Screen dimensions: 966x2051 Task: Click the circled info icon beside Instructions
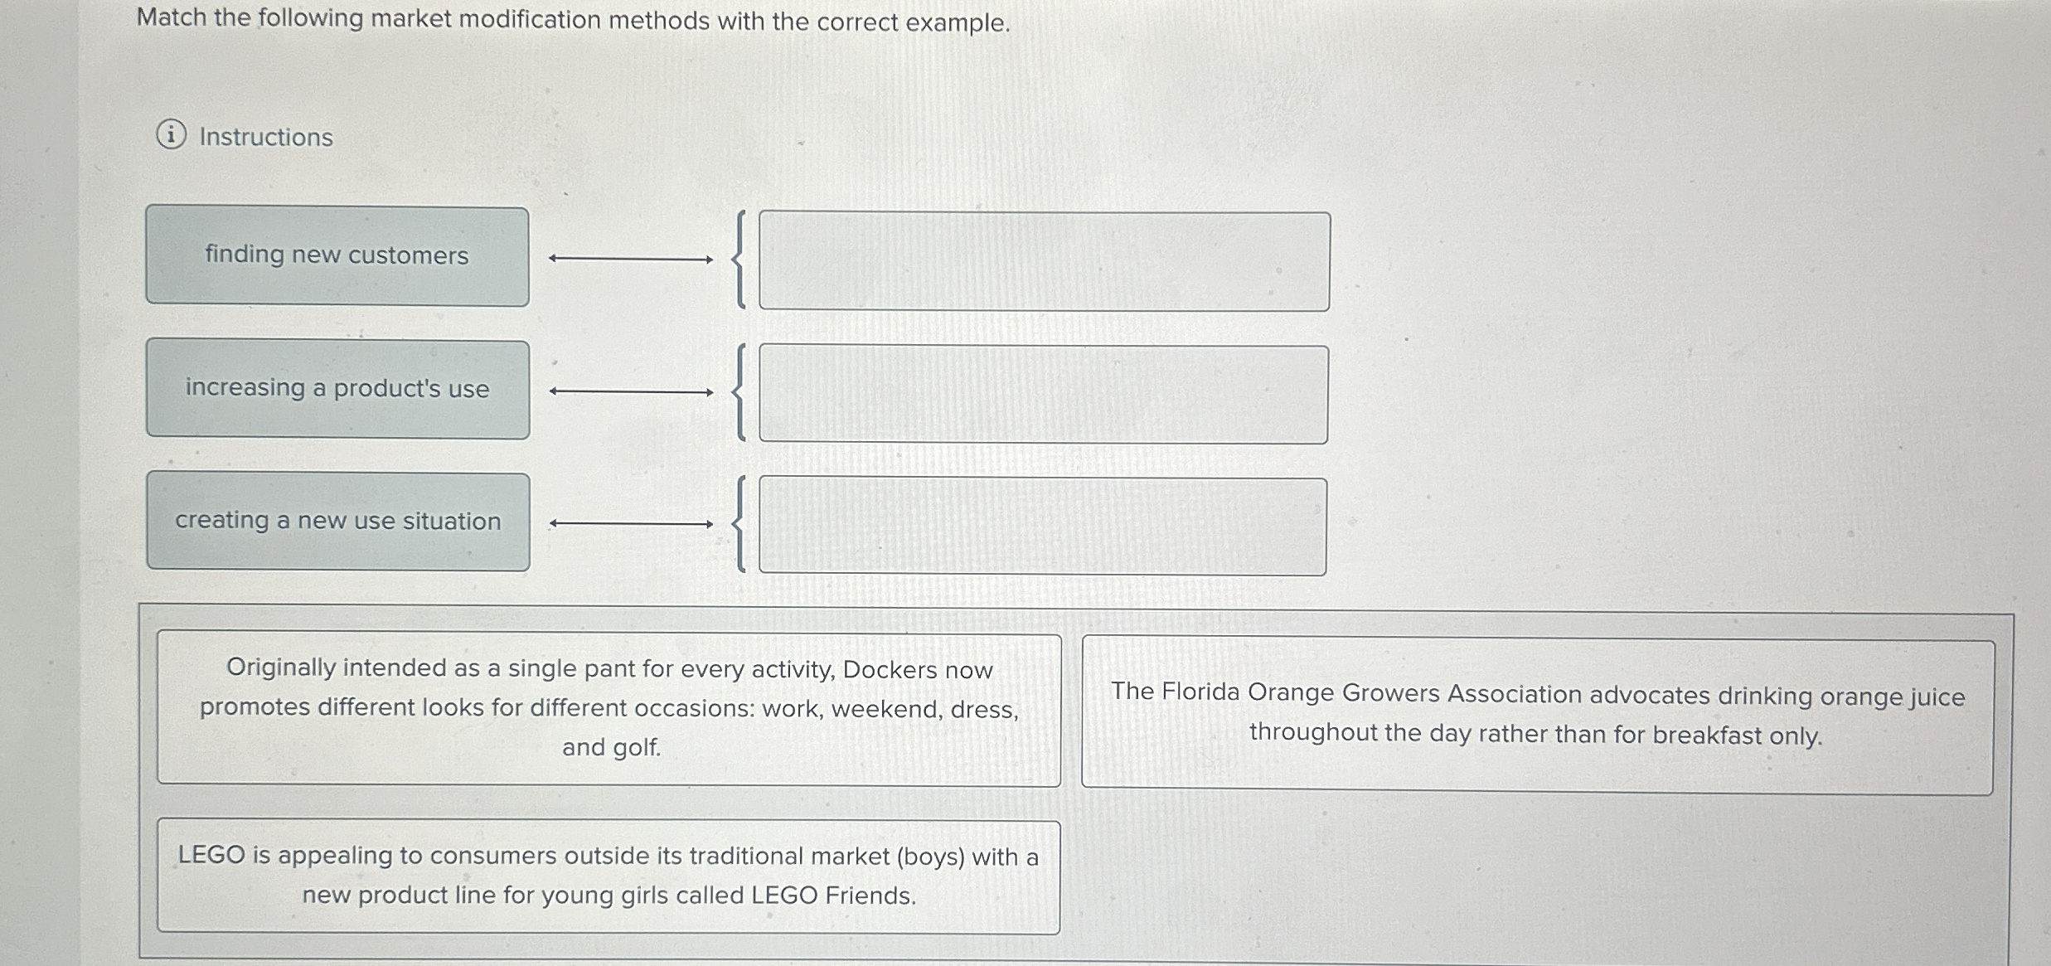(x=171, y=134)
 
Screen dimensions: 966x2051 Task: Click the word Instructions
(x=265, y=137)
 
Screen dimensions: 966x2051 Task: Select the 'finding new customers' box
(x=337, y=256)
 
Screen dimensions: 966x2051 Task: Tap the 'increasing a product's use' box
(x=337, y=389)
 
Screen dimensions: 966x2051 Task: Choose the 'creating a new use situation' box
(x=337, y=522)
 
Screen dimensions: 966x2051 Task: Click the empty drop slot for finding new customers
(x=1044, y=261)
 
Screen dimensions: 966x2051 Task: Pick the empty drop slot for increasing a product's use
(x=1043, y=395)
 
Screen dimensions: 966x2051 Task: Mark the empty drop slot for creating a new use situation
(x=1042, y=527)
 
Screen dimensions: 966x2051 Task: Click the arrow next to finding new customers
(x=630, y=260)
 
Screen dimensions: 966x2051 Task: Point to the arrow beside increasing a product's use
(x=631, y=392)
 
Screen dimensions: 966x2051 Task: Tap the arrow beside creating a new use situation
(x=631, y=524)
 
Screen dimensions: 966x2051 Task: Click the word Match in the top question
(x=172, y=17)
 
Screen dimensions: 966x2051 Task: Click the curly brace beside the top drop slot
(x=739, y=260)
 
